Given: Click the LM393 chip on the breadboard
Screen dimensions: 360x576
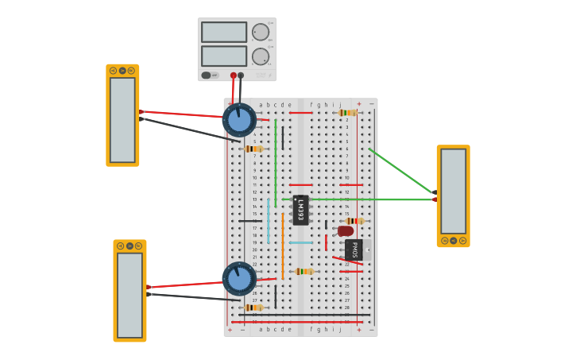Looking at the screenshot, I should pyautogui.click(x=300, y=211).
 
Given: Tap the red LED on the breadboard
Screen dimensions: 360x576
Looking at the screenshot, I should pyautogui.click(x=345, y=231).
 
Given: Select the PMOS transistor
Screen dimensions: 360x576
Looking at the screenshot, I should pyautogui.click(x=354, y=250).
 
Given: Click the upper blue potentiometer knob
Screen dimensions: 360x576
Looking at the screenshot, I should pyautogui.click(x=239, y=120).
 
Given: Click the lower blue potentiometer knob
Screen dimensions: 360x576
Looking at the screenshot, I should pyautogui.click(x=239, y=279).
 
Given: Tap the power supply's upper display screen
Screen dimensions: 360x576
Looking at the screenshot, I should pyautogui.click(x=224, y=32).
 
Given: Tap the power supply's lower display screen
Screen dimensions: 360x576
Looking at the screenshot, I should pyautogui.click(x=224, y=56).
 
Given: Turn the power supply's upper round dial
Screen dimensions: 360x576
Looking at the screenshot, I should pyautogui.click(x=261, y=32).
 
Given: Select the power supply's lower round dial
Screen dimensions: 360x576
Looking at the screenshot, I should pyautogui.click(x=261, y=56).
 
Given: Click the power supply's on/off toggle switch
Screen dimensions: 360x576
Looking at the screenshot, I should pyautogui.click(x=207, y=75).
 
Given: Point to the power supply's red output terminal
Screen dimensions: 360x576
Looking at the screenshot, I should pyautogui.click(x=233, y=75).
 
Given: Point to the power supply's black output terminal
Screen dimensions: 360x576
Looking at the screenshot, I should pyautogui.click(x=241, y=75).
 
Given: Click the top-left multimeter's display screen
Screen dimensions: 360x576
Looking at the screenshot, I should pyautogui.click(x=122, y=119).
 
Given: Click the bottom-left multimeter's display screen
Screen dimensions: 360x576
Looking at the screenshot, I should pyautogui.click(x=130, y=295).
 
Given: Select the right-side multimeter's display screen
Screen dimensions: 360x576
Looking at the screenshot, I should pyautogui.click(x=453, y=191).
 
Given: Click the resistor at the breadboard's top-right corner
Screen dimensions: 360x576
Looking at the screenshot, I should pyautogui.click(x=347, y=113).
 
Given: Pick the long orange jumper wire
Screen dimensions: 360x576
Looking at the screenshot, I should pyautogui.click(x=282, y=246).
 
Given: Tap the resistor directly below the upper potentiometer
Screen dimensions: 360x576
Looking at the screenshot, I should pyautogui.click(x=253, y=149).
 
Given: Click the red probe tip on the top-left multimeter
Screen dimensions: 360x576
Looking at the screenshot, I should pyautogui.click(x=141, y=112).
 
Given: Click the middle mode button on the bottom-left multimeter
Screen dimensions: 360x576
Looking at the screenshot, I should pyautogui.click(x=130, y=246).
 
